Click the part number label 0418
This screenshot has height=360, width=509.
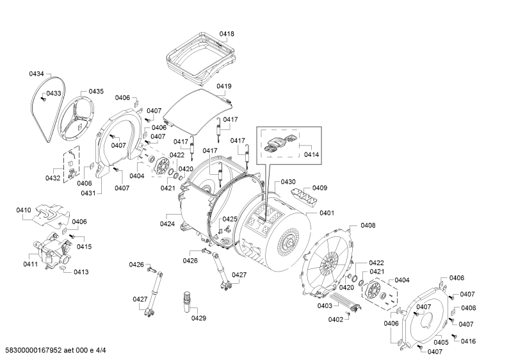pos(227,34)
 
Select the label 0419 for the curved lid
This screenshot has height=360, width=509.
pos(224,86)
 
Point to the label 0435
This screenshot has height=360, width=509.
pos(96,92)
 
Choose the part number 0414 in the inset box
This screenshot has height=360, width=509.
pos(311,154)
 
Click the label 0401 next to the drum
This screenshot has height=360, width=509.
pos(327,213)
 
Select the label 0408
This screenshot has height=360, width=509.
pos(368,225)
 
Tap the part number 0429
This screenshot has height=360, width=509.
pos(198,318)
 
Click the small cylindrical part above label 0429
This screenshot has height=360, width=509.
pos(188,302)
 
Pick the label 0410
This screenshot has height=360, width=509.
pos(24,210)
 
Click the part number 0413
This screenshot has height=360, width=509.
pos(81,272)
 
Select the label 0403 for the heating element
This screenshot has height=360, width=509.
pos(325,306)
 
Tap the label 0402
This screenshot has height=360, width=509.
pos(335,320)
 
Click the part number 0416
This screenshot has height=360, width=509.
pos(468,341)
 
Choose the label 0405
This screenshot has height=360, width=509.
pos(441,342)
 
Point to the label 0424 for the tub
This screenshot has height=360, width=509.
pos(168,224)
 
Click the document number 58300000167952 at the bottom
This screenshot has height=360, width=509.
pos(34,350)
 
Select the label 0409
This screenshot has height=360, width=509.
pos(319,188)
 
